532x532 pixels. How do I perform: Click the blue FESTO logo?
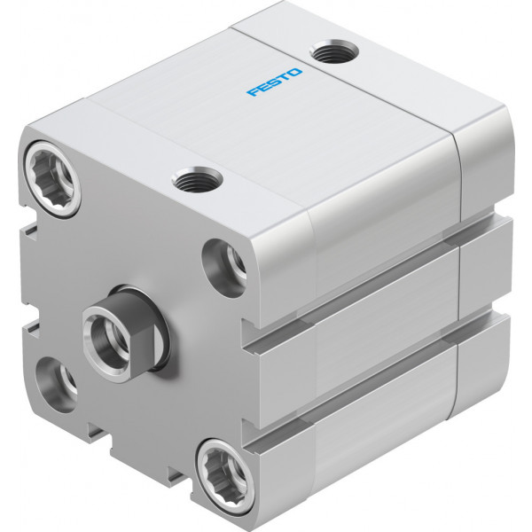coord(274,82)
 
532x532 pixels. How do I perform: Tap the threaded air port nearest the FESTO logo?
coord(334,51)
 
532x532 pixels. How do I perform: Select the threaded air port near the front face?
coord(197,179)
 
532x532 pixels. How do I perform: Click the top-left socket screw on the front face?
coord(52,179)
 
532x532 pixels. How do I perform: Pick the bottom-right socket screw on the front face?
coord(224,473)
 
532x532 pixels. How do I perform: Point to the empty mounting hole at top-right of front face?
coord(225,268)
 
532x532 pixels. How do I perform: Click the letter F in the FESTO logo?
coord(254,91)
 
